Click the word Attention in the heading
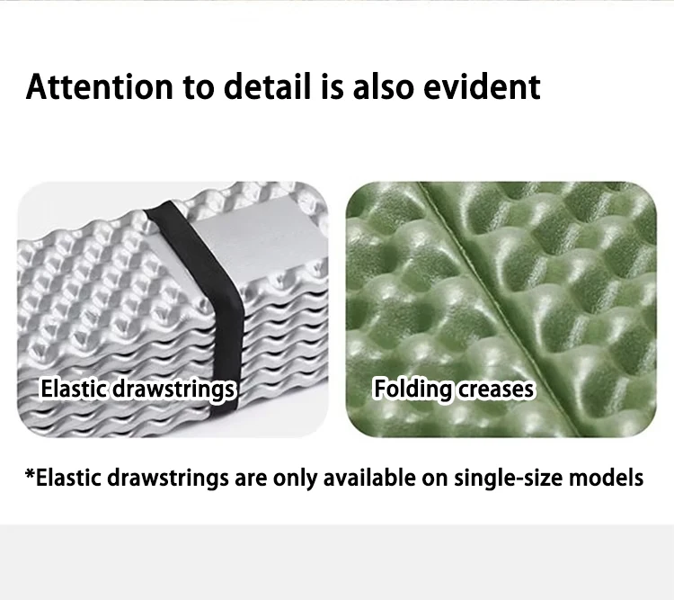point(99,87)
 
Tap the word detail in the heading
point(267,86)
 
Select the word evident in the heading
point(482,86)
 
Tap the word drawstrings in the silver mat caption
point(173,390)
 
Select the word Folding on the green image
point(412,390)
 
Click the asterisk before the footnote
point(30,473)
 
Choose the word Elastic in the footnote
point(68,478)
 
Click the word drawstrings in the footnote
point(168,479)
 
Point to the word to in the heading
point(199,88)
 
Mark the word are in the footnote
point(251,480)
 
